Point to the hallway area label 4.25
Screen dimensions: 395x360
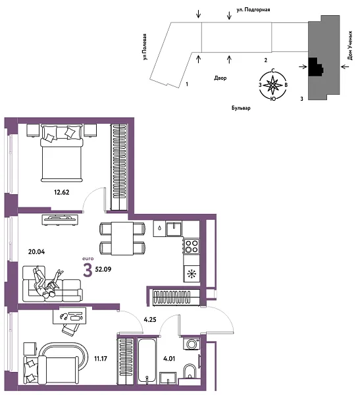[x=150, y=321]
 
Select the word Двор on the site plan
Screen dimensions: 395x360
[x=220, y=77]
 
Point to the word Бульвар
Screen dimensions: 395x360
[x=241, y=107]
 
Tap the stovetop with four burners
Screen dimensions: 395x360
[x=192, y=247]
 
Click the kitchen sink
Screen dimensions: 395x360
[x=174, y=229]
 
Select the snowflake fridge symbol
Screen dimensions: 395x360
[x=192, y=273]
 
